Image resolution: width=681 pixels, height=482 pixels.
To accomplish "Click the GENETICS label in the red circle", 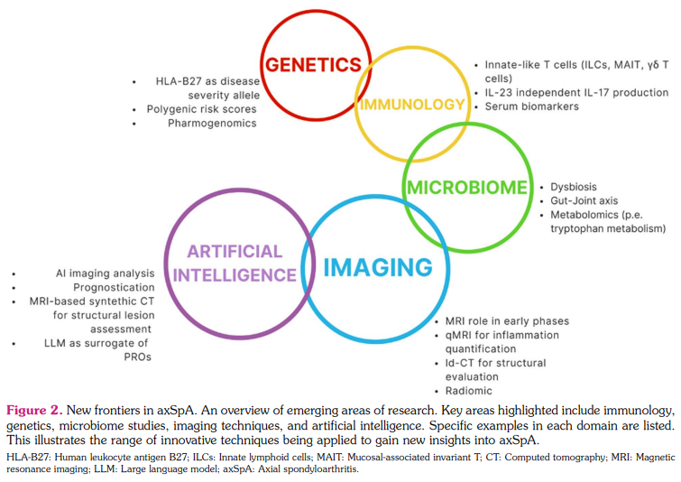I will coord(311,65).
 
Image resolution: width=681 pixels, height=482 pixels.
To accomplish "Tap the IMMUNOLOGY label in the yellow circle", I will coord(411,105).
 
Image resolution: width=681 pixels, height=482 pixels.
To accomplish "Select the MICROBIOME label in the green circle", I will coord(466,188).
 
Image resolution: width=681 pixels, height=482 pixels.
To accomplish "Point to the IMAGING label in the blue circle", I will coord(378,268).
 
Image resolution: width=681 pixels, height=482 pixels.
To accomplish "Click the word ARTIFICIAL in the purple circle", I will coord(235,252).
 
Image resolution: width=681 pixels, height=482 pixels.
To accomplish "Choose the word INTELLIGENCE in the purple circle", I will coord(235,274).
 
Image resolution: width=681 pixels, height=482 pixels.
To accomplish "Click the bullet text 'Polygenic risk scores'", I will coord(201,109).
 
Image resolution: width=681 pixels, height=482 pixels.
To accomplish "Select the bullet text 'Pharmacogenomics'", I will coord(212,124).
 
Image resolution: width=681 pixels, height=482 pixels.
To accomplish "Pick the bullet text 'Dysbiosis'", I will coord(576,186).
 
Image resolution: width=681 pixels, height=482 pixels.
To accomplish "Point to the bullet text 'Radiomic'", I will coord(468,391).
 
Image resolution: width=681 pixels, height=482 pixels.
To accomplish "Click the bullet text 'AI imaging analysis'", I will coord(105,273).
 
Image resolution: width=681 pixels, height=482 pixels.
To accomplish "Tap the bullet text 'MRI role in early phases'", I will coord(507,321).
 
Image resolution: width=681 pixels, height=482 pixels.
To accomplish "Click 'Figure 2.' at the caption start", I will coord(32,410).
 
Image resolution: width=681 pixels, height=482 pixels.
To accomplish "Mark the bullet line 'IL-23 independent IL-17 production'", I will coord(576,92).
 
